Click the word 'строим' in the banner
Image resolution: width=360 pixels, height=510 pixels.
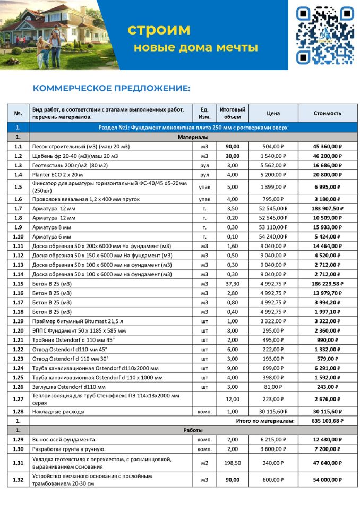(159, 30)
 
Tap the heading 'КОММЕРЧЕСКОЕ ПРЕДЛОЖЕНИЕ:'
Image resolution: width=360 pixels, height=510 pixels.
(112, 88)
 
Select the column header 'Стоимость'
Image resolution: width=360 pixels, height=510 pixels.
(328, 113)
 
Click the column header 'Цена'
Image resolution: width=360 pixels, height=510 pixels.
(273, 113)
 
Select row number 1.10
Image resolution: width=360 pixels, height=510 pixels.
(18, 236)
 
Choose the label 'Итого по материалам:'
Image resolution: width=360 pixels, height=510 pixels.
(264, 420)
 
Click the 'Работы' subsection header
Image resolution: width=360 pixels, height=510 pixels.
(193, 430)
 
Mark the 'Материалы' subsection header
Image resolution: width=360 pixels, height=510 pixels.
(193, 137)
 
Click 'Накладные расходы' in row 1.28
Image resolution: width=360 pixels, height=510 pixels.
(57, 411)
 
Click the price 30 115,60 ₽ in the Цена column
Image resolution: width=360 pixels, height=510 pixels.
(273, 411)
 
